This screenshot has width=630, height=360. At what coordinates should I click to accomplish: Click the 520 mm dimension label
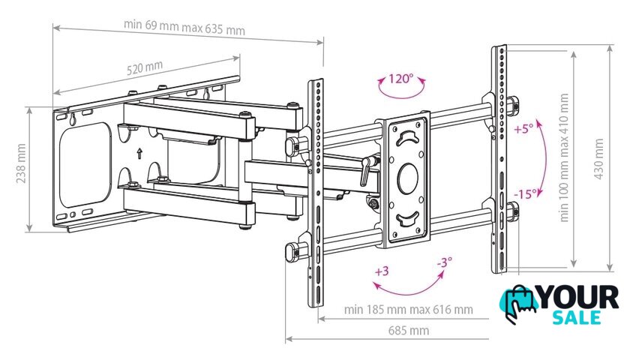tap(145, 68)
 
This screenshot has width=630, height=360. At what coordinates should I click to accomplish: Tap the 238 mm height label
tap(21, 163)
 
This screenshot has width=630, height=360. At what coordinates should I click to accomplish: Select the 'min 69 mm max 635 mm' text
tap(184, 26)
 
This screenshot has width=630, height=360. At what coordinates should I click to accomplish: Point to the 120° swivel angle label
tap(400, 78)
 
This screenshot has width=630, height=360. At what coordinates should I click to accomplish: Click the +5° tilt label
tap(523, 129)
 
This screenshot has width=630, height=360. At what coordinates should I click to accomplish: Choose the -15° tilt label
tap(526, 194)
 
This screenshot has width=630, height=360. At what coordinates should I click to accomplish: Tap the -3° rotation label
tap(444, 262)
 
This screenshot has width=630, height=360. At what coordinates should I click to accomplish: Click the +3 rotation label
tap(382, 271)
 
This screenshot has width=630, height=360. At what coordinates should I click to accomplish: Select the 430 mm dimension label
tap(598, 159)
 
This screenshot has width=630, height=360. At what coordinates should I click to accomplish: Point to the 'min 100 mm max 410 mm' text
tap(564, 157)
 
